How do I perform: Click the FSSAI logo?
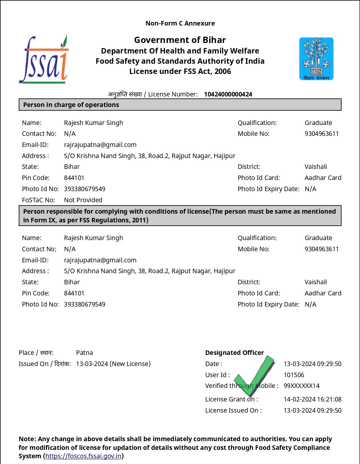pos(44,60)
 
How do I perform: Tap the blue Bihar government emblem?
pos(316,59)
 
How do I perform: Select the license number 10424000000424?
pos(228,94)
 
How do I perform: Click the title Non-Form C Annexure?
pos(180,23)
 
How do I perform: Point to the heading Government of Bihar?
pos(180,40)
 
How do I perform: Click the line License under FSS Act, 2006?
pos(180,72)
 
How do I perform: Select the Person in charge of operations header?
pos(71,105)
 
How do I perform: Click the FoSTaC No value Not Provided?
pos(83,200)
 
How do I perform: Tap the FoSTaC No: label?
pos(38,200)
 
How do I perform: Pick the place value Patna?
pos(84,353)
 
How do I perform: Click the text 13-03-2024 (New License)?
pos(113,364)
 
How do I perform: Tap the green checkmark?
pos(255,376)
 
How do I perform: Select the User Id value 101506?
pos(294,375)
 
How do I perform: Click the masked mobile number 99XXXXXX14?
pos(301,386)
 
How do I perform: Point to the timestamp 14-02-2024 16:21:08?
pos(312,399)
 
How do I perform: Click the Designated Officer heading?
pos(234,353)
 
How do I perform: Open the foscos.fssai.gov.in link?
pos(83,456)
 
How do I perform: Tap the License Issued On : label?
pos(233,411)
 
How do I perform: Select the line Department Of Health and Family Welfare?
pos(180,51)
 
